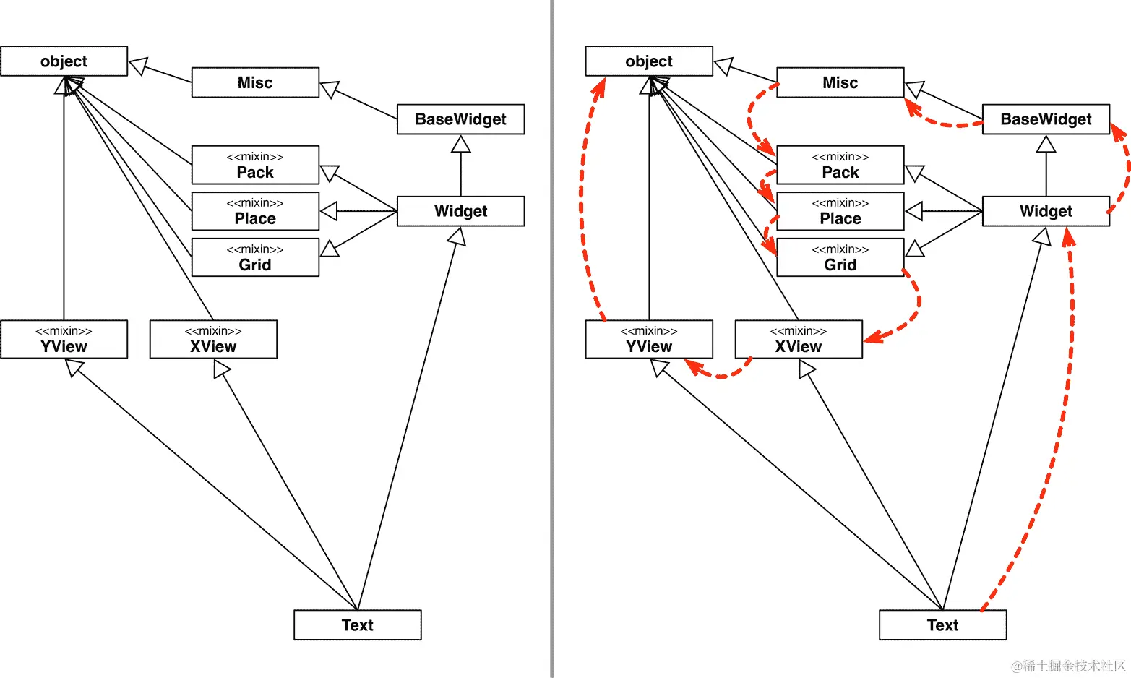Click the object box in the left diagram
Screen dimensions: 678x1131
click(x=64, y=61)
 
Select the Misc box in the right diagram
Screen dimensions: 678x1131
click(x=840, y=82)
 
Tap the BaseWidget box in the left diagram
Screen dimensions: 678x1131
click(x=460, y=119)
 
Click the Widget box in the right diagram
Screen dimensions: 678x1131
click(x=1045, y=211)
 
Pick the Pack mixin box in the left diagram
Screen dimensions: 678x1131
click(x=255, y=166)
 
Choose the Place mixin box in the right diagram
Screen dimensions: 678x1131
click(x=840, y=212)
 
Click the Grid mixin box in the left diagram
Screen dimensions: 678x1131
click(x=255, y=258)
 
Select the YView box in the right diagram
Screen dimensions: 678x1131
click(x=648, y=340)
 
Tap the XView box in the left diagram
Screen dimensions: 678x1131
click(x=213, y=340)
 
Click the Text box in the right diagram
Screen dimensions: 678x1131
click(x=942, y=625)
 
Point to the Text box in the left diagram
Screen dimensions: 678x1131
click(x=357, y=625)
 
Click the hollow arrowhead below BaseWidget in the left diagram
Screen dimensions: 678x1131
click(x=460, y=145)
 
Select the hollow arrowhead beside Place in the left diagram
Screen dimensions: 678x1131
click(x=329, y=211)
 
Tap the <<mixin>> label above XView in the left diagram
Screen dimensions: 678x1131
click(x=213, y=330)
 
